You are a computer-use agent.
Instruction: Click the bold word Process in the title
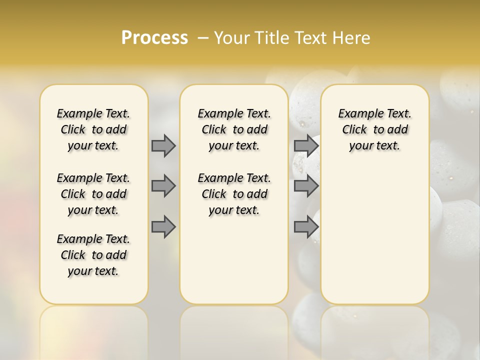pos(154,37)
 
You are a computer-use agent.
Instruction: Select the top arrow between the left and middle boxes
pos(163,145)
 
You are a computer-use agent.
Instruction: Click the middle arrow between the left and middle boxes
pos(163,186)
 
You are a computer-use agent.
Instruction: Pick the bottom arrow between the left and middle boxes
pos(163,227)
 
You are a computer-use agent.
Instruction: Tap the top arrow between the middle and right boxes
pos(306,145)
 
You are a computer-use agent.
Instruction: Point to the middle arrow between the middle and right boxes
pos(306,186)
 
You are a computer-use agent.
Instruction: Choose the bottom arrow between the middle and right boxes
pos(306,227)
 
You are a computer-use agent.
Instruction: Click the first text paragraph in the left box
pos(93,129)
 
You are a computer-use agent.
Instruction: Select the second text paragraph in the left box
pos(93,194)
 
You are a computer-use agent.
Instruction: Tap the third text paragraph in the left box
pos(93,255)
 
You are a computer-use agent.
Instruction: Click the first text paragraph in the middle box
pos(234,129)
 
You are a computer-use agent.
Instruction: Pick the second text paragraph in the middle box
pos(234,194)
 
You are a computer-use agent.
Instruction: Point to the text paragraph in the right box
pos(374,129)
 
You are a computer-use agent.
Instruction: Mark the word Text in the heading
pos(310,38)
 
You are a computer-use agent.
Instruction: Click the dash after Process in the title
pos(203,38)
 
